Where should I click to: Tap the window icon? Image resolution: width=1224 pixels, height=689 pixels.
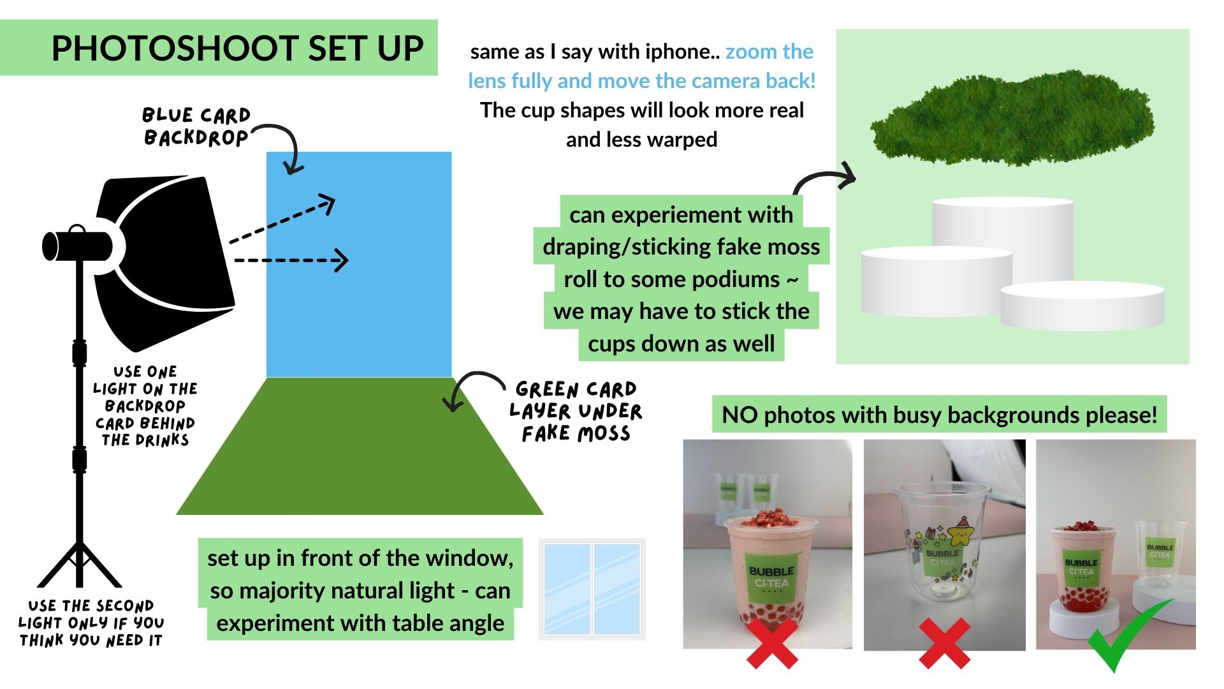click(x=592, y=589)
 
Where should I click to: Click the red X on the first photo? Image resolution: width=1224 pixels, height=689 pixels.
click(x=772, y=642)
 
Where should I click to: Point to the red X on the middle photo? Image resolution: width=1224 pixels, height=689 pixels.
click(x=945, y=642)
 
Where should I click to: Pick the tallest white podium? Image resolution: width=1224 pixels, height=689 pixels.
click(x=1003, y=239)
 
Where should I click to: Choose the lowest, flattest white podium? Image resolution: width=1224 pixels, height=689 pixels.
click(x=1082, y=306)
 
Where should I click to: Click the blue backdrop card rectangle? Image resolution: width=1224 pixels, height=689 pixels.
click(x=359, y=265)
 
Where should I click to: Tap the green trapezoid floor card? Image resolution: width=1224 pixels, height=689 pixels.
click(x=360, y=447)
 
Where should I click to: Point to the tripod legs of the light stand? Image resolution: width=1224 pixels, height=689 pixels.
click(x=79, y=565)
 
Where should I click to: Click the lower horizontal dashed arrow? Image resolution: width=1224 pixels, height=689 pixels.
click(x=291, y=260)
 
